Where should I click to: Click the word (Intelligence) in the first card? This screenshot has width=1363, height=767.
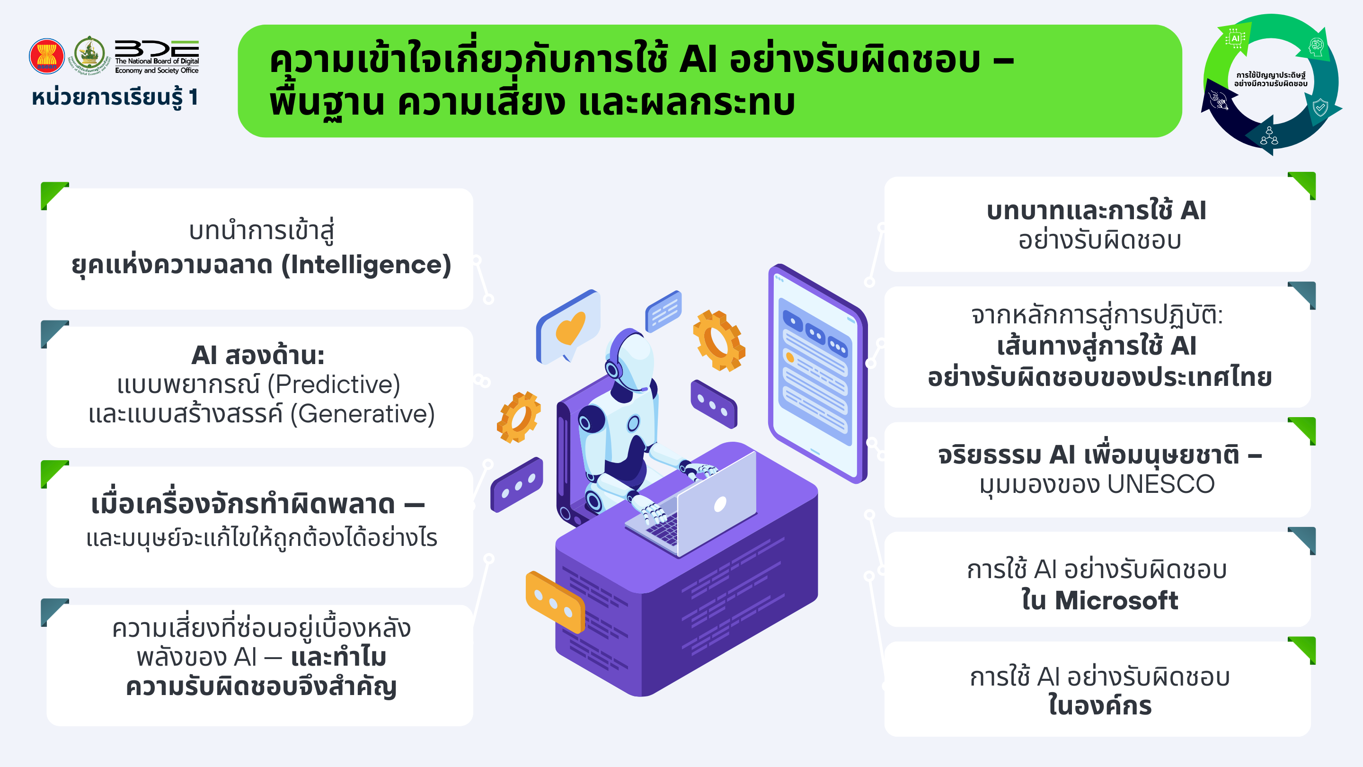tap(366, 265)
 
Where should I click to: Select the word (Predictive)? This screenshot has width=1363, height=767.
tap(334, 385)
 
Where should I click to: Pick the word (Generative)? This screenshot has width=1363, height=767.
tap(363, 414)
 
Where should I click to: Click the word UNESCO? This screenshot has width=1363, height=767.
tap(1161, 484)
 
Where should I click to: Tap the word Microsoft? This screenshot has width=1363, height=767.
tap(1116, 601)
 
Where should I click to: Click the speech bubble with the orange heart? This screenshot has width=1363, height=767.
tap(568, 327)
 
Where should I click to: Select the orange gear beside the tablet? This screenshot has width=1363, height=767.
tap(719, 340)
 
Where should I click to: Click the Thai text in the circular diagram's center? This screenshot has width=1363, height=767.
tap(1271, 80)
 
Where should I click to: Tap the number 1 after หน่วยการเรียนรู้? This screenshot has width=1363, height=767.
tap(193, 98)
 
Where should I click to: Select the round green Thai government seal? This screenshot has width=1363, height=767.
tap(89, 54)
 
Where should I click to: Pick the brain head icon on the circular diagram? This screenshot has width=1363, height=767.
tap(1317, 46)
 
